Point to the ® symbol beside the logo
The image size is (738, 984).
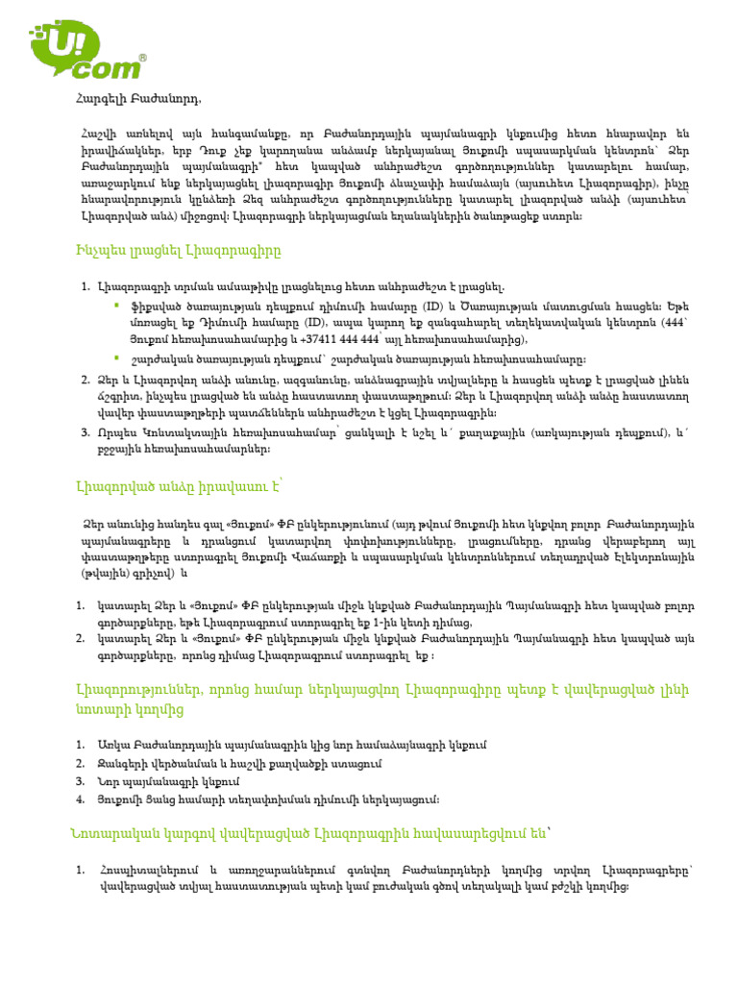[x=143, y=58]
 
